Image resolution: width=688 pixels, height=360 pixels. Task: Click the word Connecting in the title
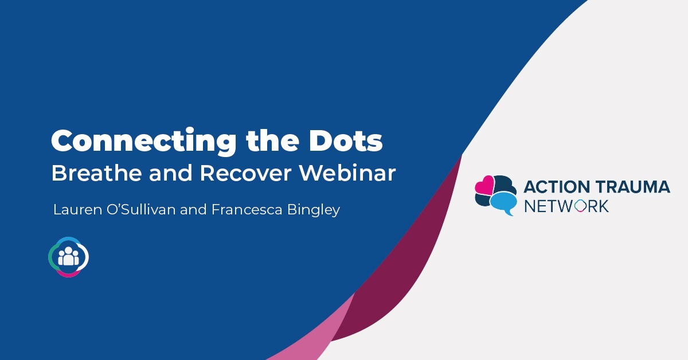(144, 142)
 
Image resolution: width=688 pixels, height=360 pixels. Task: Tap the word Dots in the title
(346, 140)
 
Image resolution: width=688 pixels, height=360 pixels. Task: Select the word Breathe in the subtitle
(96, 173)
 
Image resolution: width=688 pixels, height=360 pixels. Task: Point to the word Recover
(245, 173)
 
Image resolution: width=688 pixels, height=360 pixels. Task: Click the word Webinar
(347, 173)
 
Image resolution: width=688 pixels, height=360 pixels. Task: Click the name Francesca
(247, 209)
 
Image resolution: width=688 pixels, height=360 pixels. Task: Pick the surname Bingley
(314, 210)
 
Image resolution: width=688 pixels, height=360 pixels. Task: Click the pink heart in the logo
(484, 185)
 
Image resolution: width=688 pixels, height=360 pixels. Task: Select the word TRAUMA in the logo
(633, 187)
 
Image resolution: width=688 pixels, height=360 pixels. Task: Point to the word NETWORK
(566, 206)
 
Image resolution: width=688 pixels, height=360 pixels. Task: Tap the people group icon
(68, 257)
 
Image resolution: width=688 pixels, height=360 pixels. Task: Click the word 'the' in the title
(272, 140)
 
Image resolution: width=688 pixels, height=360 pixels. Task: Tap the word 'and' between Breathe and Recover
(170, 173)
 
